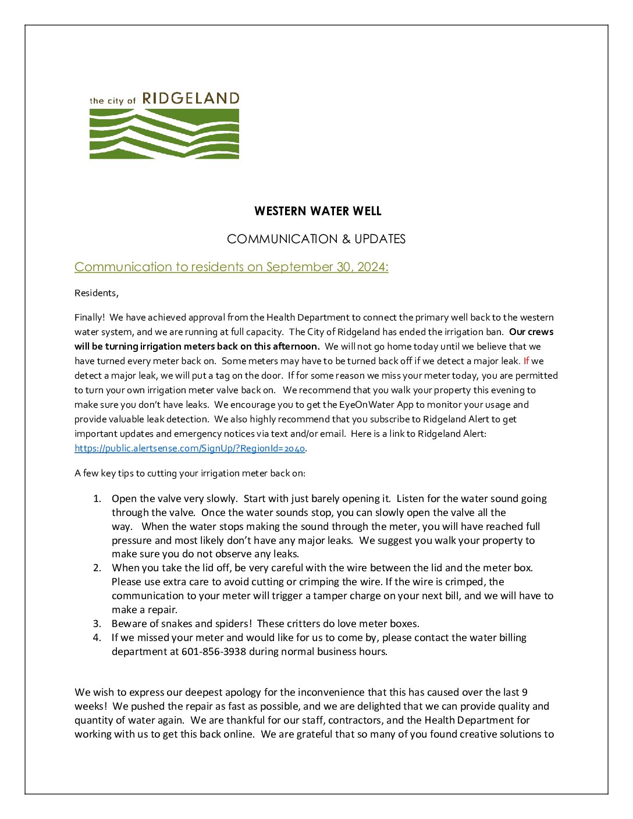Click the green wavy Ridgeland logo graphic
tap(164, 133)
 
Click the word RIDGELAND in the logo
tap(191, 98)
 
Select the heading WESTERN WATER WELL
tap(318, 211)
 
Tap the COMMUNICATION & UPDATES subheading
tap(316, 239)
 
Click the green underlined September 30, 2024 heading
tap(231, 267)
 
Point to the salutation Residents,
tap(97, 293)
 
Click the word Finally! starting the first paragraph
tap(90, 318)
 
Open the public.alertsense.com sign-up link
tap(190, 448)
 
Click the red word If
tap(526, 361)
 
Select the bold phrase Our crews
tap(531, 332)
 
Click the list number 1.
tap(97, 498)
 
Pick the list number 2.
tap(97, 568)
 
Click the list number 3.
tap(97, 624)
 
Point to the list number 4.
tap(97, 638)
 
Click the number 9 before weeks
tap(525, 692)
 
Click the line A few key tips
tap(190, 473)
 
